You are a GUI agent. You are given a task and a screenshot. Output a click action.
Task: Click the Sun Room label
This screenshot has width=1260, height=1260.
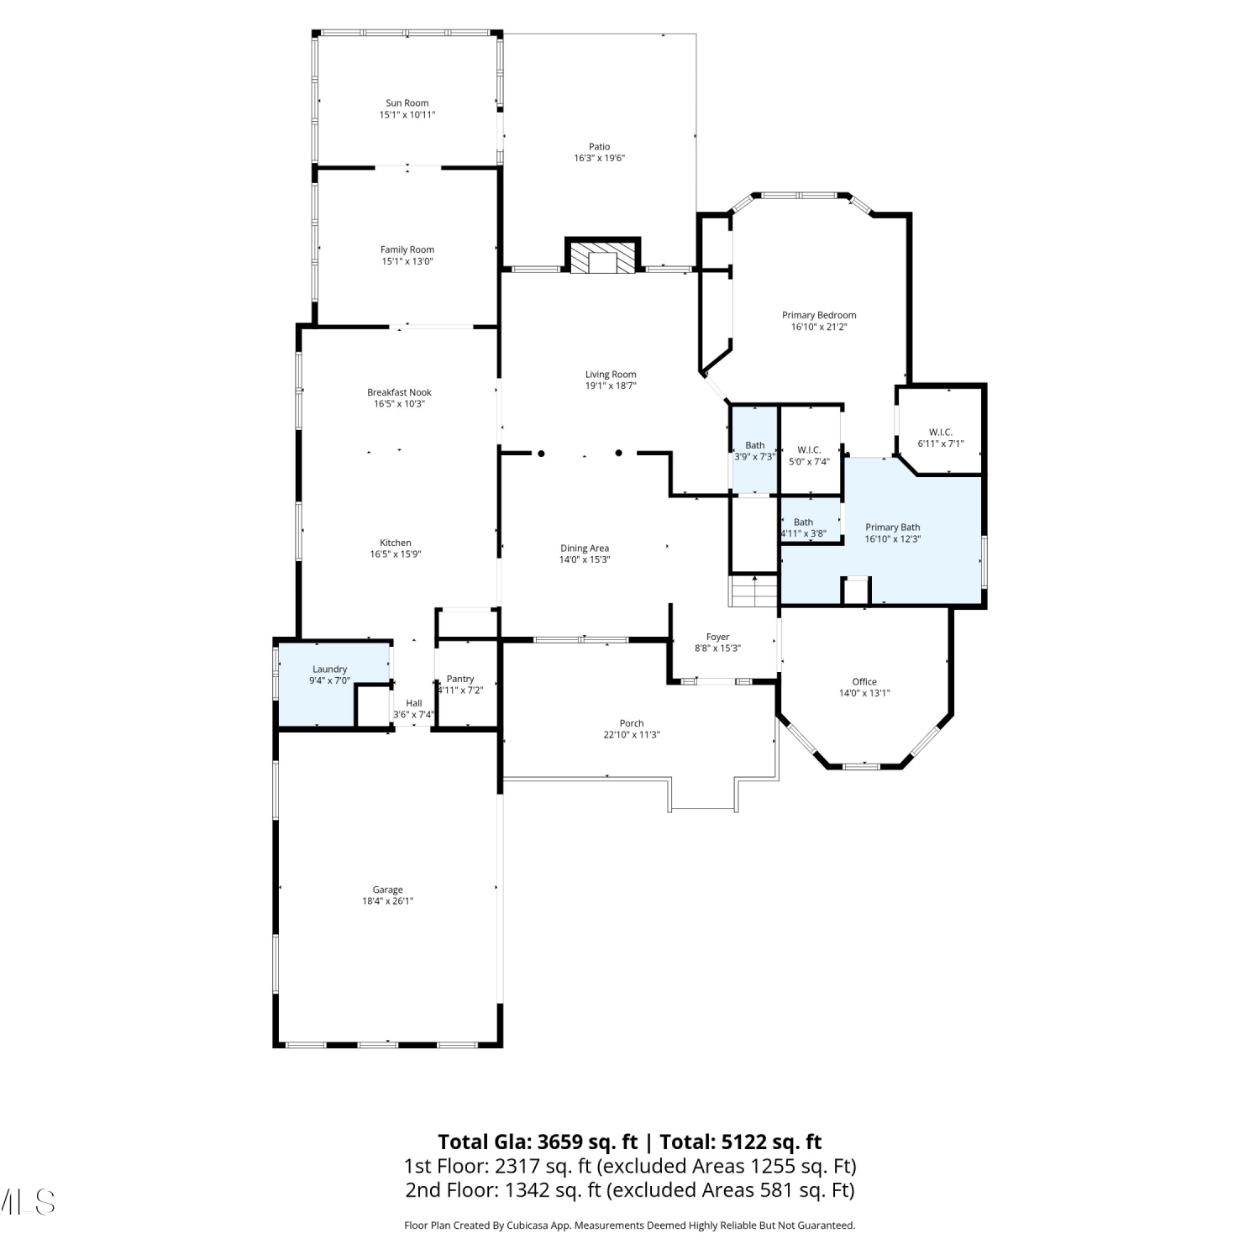[x=407, y=103]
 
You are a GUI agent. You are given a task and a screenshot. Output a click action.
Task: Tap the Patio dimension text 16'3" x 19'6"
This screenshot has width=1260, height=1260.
[x=600, y=158]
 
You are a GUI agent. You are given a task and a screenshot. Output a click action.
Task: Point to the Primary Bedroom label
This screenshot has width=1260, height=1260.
[x=819, y=315]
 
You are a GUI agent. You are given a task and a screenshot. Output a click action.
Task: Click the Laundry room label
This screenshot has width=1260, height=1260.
[x=330, y=669]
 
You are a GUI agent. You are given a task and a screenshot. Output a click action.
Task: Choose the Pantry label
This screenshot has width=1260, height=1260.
[x=460, y=679]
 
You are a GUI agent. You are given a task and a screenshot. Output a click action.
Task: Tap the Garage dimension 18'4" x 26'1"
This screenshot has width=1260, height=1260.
[x=388, y=901]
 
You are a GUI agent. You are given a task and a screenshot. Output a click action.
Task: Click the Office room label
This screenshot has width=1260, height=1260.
[x=864, y=682]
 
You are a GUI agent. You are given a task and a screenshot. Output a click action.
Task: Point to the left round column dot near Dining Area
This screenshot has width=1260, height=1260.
[x=542, y=454]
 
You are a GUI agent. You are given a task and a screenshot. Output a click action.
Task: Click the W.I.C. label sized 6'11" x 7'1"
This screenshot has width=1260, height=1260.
[x=941, y=433]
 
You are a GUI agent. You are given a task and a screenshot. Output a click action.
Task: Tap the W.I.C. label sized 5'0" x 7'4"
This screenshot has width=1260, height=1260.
[x=809, y=450]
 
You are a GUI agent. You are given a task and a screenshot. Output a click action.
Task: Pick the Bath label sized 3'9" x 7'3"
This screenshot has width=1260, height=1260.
[x=755, y=445]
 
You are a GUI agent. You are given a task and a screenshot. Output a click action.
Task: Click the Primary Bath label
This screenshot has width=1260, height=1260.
[x=893, y=528]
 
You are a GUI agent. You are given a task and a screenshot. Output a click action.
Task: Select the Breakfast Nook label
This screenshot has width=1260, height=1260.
[x=399, y=392]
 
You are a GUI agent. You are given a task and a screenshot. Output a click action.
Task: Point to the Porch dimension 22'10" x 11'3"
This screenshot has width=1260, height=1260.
[x=632, y=735]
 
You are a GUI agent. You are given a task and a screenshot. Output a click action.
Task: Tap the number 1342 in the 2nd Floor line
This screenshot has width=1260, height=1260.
[x=527, y=1190]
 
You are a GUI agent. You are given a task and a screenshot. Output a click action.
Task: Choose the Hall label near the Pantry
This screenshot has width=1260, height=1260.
[x=414, y=703]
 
